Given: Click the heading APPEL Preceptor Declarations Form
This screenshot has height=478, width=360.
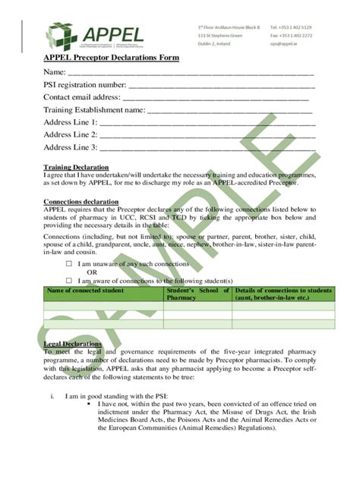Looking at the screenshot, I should [x=111, y=58].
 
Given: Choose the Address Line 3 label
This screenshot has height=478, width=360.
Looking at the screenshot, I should [x=71, y=147].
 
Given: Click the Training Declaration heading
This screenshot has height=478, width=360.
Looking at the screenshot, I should [x=76, y=167].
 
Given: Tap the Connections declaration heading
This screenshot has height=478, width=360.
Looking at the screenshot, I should [x=81, y=202].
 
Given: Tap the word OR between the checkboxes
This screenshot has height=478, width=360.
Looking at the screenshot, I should [x=92, y=272].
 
